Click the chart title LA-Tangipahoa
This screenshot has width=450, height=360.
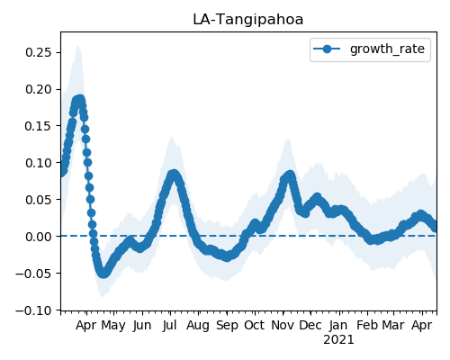point(248,20)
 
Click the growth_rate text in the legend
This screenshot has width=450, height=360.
point(387,49)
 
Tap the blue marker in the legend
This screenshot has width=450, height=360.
point(327,49)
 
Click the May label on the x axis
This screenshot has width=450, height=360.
point(113,326)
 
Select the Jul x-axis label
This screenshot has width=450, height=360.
point(169,325)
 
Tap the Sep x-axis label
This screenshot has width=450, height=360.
point(227,326)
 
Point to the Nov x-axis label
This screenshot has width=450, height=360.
point(283,325)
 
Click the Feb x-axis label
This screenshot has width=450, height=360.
point(367,325)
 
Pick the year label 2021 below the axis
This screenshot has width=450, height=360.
point(338,340)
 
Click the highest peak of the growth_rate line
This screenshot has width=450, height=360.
point(80,99)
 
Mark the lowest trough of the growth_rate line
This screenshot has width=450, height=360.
point(103,274)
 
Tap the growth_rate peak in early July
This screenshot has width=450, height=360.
point(174,175)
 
